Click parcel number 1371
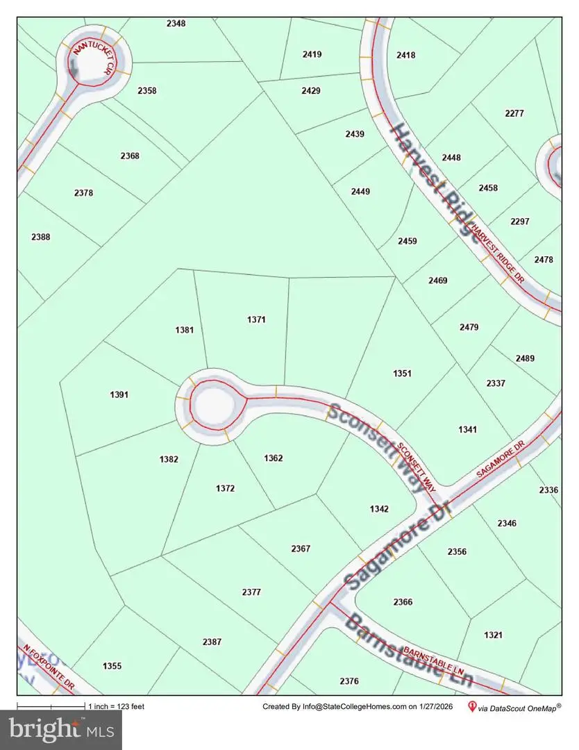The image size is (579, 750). pos(256,319)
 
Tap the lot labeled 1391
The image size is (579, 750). pos(119,394)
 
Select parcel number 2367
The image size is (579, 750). pos(301,549)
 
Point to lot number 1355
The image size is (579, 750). pos(112,666)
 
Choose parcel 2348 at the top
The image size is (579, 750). pos(176,23)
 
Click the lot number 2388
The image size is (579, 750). pos(41,237)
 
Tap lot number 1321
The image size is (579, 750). pos(494,635)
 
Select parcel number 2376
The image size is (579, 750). pos(349,681)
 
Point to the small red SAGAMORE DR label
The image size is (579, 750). pos(498,462)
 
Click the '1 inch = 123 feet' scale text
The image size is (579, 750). pos(116,707)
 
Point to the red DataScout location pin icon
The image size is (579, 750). pos(473,707)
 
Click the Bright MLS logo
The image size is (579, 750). pos(61,729)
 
